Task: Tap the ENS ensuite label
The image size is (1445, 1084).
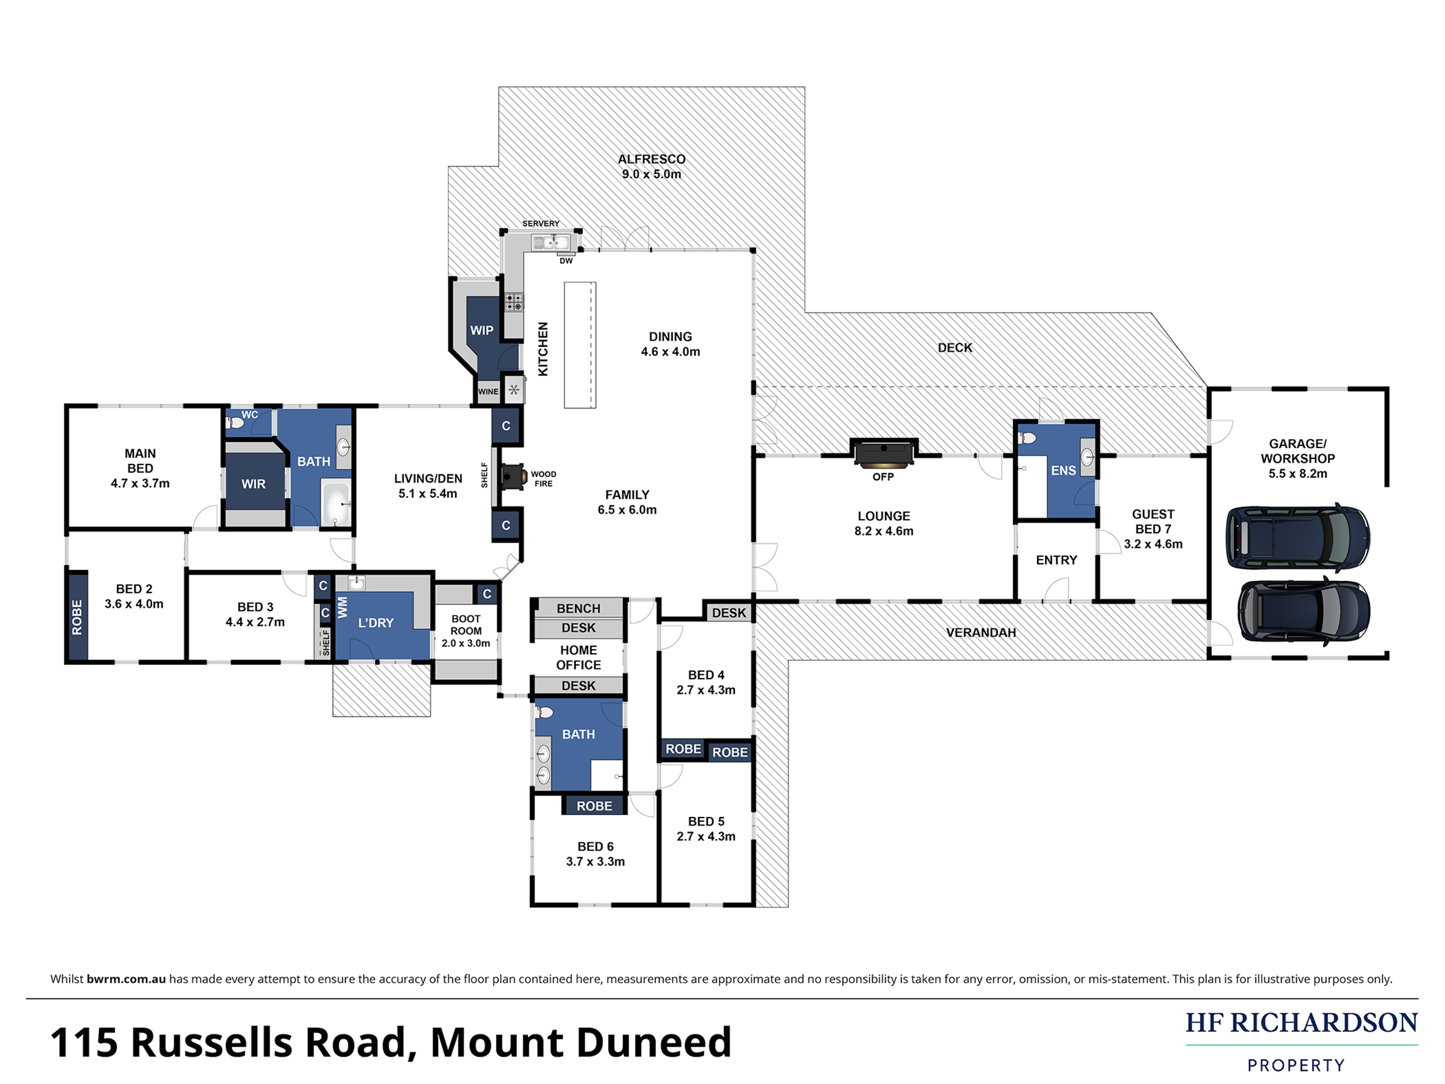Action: click(x=1063, y=470)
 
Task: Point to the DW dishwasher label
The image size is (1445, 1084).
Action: click(x=566, y=261)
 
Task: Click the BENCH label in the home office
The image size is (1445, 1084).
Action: click(x=578, y=608)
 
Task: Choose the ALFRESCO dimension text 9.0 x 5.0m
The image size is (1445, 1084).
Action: click(x=651, y=174)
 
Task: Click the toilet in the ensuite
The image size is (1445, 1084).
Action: click(x=1027, y=438)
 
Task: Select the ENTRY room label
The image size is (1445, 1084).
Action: click(x=1056, y=560)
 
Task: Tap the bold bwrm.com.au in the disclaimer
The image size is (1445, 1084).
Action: click(x=126, y=979)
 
